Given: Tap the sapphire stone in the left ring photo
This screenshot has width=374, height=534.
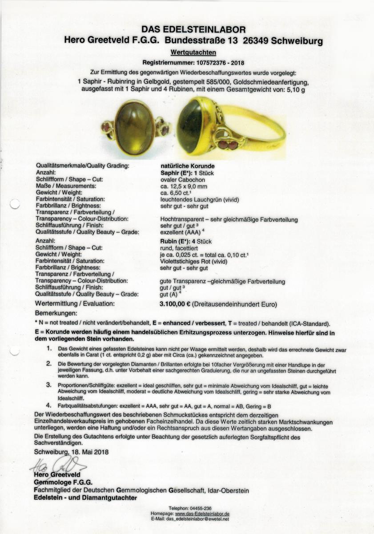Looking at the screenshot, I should tap(135, 128).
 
